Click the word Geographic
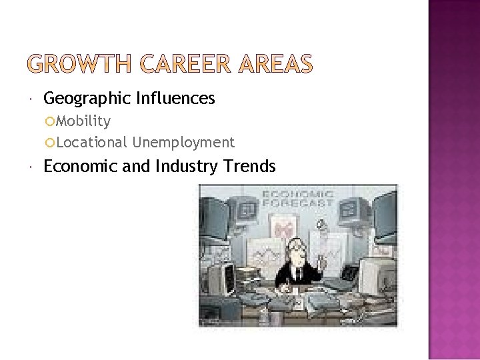87,99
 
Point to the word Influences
175,99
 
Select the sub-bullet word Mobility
83,121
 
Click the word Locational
91,142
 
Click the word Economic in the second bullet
81,166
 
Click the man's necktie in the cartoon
295,270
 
